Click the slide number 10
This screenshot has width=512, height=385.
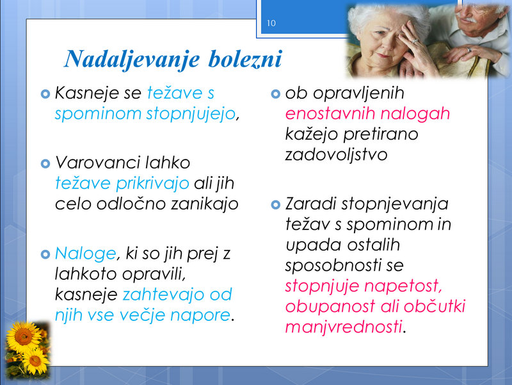point(271,23)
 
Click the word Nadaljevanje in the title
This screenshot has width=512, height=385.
point(132,60)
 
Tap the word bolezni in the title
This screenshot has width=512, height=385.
point(245,59)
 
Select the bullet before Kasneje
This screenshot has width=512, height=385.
point(45,94)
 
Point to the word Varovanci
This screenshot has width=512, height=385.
point(97,163)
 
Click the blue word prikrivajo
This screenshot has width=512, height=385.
point(152,184)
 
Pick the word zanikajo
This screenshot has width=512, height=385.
point(205,204)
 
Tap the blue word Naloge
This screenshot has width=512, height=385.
point(86,254)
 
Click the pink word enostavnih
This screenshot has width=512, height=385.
point(330,114)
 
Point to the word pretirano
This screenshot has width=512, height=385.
point(381,135)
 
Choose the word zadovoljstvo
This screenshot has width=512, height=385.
point(336,155)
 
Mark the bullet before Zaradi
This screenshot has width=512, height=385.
point(276,205)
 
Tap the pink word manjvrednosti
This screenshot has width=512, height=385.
point(344,327)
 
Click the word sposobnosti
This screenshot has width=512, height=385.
point(333,266)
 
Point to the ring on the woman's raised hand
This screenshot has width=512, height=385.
point(415,42)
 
